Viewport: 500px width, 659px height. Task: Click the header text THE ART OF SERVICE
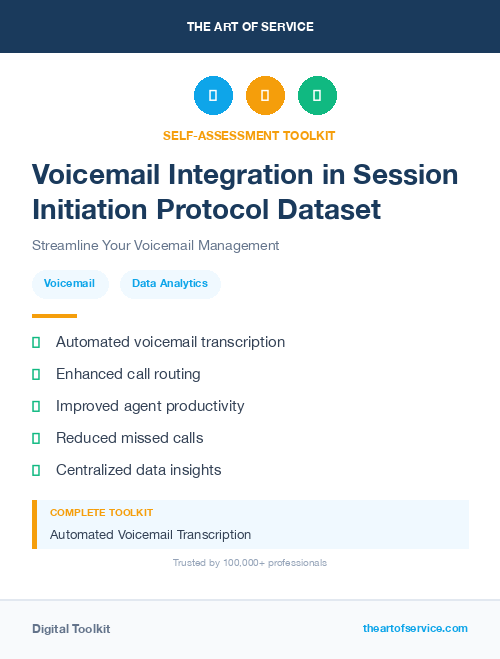pyautogui.click(x=250, y=27)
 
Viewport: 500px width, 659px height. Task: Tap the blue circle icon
pyautogui.click(x=213, y=96)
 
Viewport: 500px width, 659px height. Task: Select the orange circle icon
pyautogui.click(x=265, y=96)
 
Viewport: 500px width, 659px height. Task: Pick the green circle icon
pyautogui.click(x=317, y=96)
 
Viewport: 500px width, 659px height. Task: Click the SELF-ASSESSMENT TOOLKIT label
pyautogui.click(x=249, y=135)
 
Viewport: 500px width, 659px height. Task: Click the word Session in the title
pyautogui.click(x=402, y=175)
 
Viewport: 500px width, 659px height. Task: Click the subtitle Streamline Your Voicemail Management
pyautogui.click(x=155, y=245)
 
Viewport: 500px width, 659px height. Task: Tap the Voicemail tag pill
pyautogui.click(x=70, y=284)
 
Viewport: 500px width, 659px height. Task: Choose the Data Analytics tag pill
pyautogui.click(x=170, y=284)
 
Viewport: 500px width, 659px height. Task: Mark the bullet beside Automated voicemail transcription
pyautogui.click(x=36, y=343)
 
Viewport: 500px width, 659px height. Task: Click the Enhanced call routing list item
pyautogui.click(x=128, y=374)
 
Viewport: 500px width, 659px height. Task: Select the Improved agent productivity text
pyautogui.click(x=150, y=406)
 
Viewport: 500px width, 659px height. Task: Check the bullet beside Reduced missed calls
pyautogui.click(x=36, y=438)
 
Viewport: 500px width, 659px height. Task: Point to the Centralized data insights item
pyautogui.click(x=138, y=470)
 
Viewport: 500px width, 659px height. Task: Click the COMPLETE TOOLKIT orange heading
pyautogui.click(x=101, y=512)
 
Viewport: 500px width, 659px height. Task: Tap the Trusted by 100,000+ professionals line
pyautogui.click(x=250, y=563)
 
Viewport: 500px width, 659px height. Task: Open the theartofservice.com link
pyautogui.click(x=415, y=628)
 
